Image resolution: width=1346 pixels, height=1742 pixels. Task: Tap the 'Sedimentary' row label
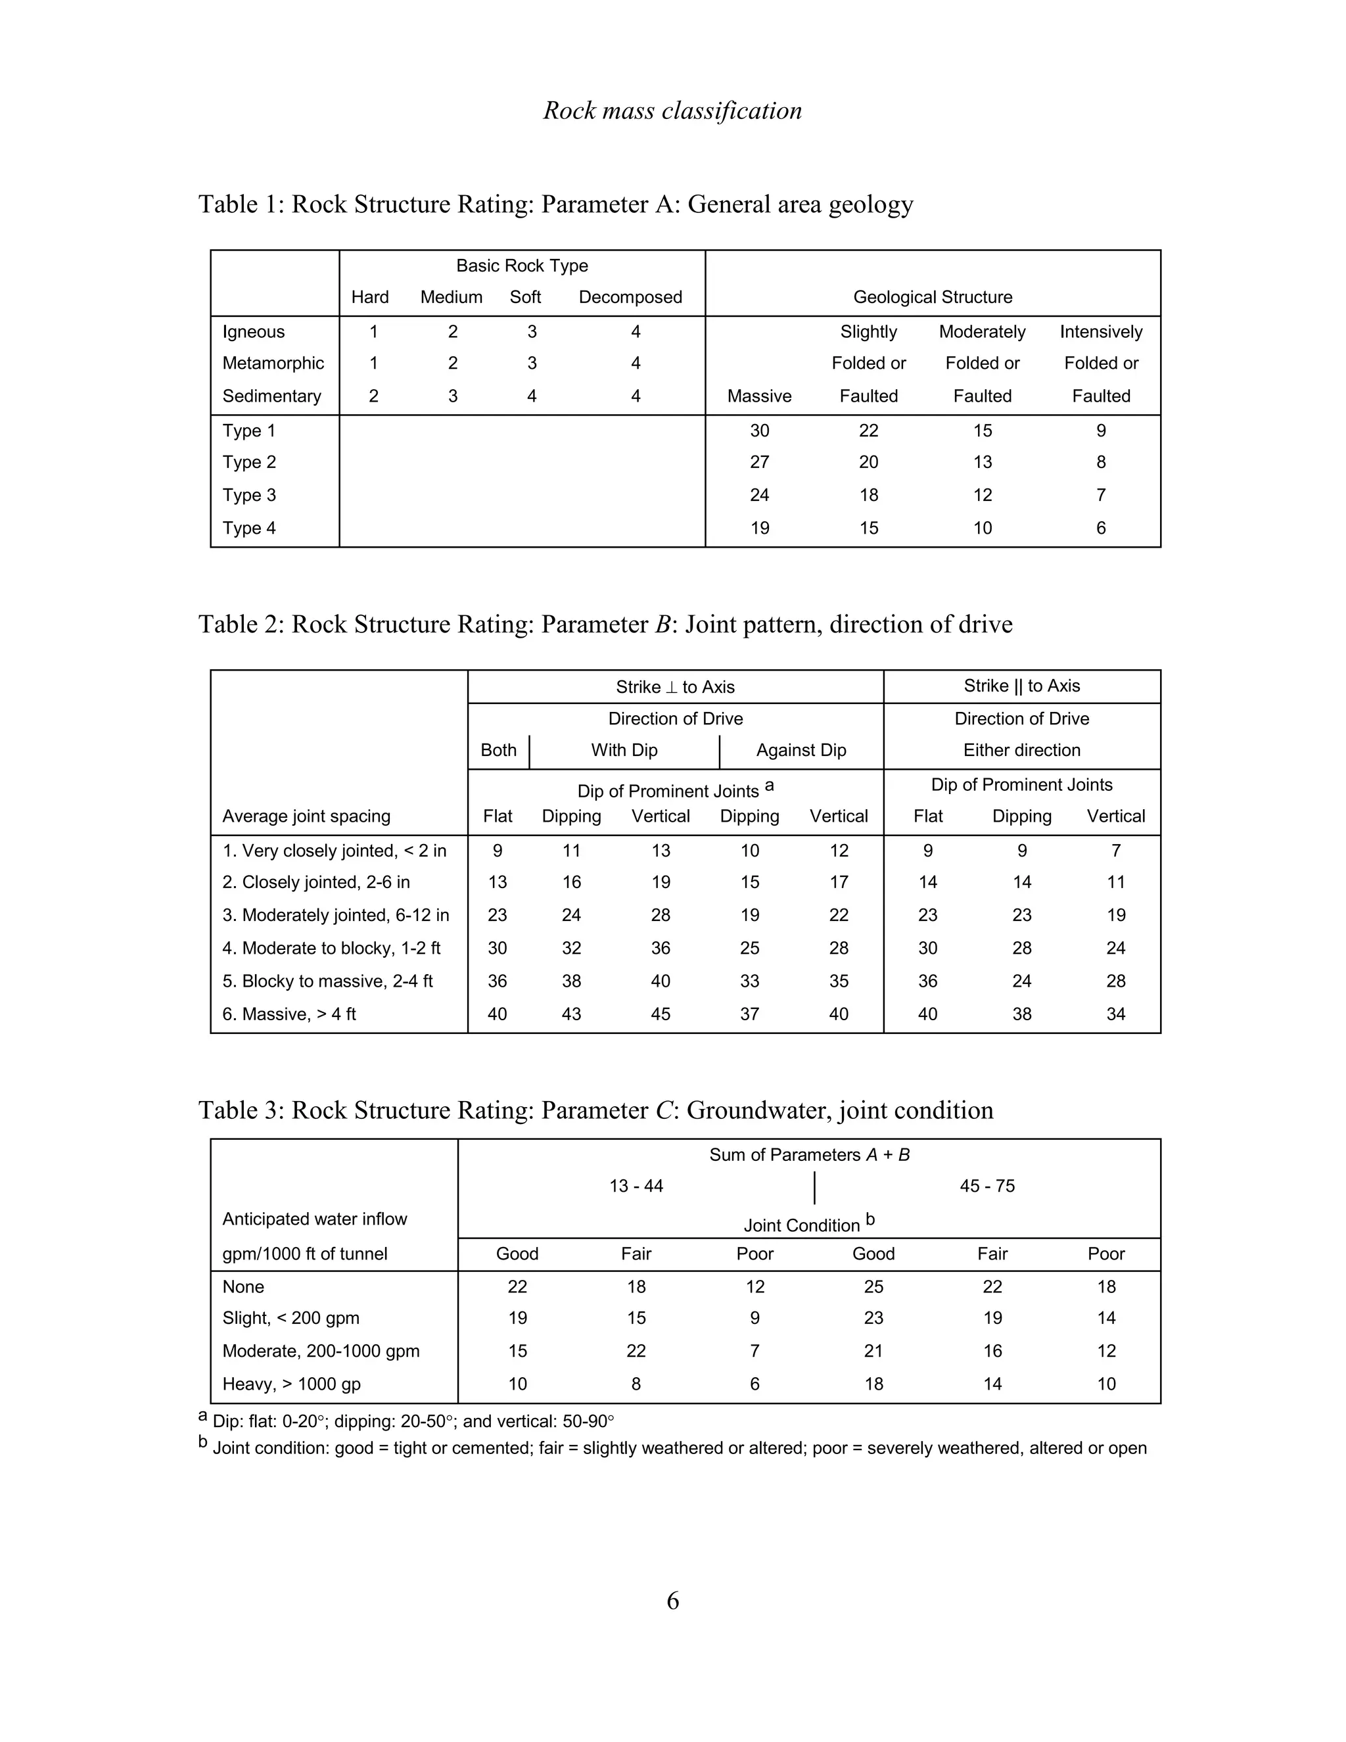click(271, 396)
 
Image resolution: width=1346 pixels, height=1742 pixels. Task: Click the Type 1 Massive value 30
click(759, 431)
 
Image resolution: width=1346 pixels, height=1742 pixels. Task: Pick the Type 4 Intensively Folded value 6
click(1100, 528)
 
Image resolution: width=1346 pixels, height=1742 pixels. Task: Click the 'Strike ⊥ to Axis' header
click(674, 687)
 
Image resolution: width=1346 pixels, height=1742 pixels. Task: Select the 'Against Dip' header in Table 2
click(801, 750)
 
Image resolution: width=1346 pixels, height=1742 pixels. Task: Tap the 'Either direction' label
click(1021, 750)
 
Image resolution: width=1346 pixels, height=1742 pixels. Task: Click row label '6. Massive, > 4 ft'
click(289, 1014)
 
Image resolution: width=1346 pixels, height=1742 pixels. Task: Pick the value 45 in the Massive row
click(661, 1014)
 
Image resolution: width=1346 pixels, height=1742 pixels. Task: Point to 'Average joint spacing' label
click(306, 816)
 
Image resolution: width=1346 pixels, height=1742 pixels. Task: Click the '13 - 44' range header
click(636, 1186)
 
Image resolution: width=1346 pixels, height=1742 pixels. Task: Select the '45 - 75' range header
click(986, 1186)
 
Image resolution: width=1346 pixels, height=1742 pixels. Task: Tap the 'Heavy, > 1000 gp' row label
click(291, 1384)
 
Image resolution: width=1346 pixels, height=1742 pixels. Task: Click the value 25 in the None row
click(873, 1286)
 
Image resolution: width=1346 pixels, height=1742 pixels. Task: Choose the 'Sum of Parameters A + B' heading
click(809, 1155)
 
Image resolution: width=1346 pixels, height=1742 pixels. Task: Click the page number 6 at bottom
click(672, 1601)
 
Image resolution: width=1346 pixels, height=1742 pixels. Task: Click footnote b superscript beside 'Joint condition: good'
click(202, 1443)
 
